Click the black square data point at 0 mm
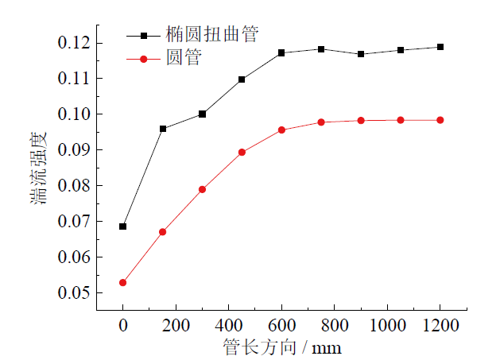tap(123, 226)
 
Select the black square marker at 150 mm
tap(163, 129)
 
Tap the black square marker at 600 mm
tap(281, 52)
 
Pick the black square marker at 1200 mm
tap(440, 47)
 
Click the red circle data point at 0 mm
tap(123, 283)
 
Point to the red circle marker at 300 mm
tap(202, 189)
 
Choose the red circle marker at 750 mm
tap(321, 122)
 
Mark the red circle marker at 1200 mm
tap(440, 120)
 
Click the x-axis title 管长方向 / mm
tap(282, 347)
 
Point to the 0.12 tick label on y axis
tap(74, 42)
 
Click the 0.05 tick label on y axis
tap(74, 293)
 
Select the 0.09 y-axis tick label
tap(74, 150)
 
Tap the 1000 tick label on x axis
tap(387, 325)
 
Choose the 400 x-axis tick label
tap(229, 325)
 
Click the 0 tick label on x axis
tap(123, 325)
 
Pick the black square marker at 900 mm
tap(361, 54)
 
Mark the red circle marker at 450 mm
tap(242, 152)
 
